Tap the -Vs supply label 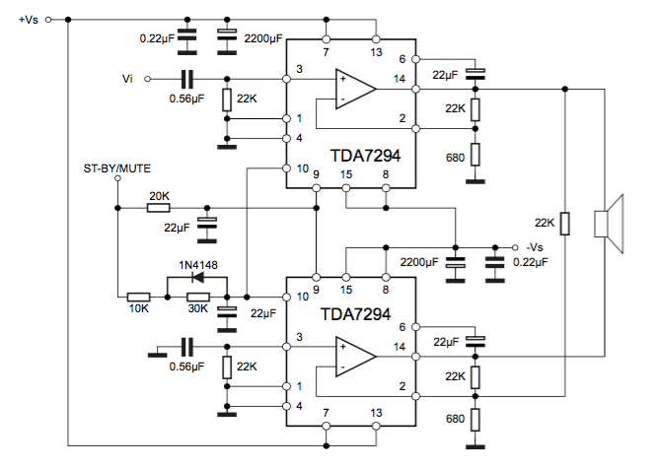(x=536, y=246)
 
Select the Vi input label (x=126, y=78)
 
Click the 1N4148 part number (x=197, y=264)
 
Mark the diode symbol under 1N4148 (x=197, y=279)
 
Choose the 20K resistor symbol (x=159, y=209)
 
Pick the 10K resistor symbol (x=139, y=297)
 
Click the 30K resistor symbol (x=197, y=297)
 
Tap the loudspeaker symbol (x=610, y=223)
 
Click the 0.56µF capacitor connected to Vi (x=187, y=78)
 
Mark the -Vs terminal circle (x=513, y=246)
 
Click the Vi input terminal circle (x=145, y=78)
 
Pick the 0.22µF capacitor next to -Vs (x=493, y=263)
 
